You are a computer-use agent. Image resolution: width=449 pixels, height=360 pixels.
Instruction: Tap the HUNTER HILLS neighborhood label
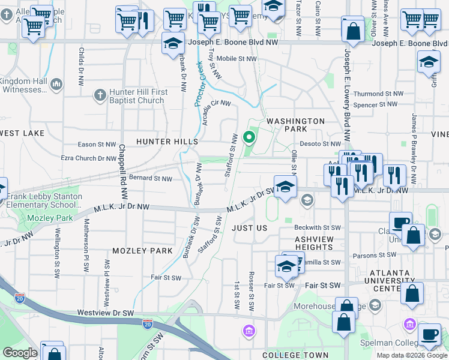pyautogui.click(x=167, y=141)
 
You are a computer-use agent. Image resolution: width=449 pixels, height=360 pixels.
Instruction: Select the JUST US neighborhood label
pyautogui.click(x=249, y=228)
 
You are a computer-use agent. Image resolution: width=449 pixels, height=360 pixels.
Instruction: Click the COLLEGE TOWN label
pyautogui.click(x=290, y=355)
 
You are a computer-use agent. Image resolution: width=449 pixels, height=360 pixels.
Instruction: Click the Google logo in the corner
pyautogui.click(x=20, y=353)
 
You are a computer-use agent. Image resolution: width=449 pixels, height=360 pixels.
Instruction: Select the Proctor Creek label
pyautogui.click(x=199, y=83)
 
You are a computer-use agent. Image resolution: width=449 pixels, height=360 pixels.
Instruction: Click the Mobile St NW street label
pyautogui.click(x=237, y=59)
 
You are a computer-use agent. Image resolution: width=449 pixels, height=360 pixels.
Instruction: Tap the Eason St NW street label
pyautogui.click(x=97, y=145)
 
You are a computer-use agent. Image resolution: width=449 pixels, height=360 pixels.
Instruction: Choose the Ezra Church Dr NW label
pyautogui.click(x=88, y=158)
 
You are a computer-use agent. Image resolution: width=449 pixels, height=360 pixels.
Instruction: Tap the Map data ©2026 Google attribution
pyautogui.click(x=412, y=355)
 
